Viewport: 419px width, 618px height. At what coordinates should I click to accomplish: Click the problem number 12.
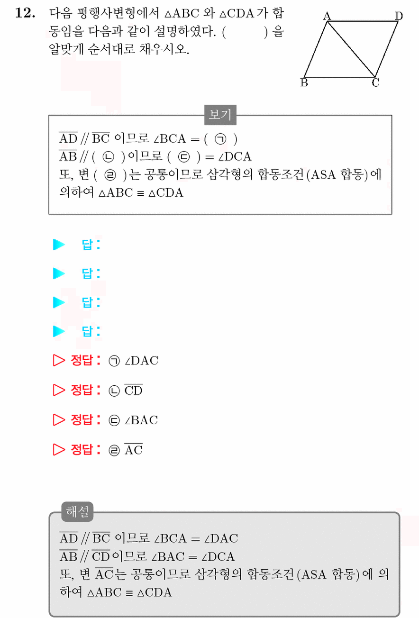[x=25, y=13]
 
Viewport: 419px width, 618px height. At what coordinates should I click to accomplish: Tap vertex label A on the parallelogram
[x=327, y=16]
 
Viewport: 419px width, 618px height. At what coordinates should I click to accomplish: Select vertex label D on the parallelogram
[x=399, y=16]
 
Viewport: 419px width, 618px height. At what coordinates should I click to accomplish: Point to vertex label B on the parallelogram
[x=304, y=82]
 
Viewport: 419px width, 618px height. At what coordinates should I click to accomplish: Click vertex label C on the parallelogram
[x=375, y=82]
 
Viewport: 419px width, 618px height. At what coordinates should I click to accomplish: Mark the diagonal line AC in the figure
[x=351, y=49]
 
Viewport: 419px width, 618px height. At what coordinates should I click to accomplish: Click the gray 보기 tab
[x=220, y=115]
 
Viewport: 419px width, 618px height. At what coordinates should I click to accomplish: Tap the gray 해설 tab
[x=77, y=512]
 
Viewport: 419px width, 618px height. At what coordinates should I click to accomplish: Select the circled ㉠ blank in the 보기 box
[x=220, y=139]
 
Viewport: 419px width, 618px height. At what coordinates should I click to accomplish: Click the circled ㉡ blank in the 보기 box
[x=108, y=157]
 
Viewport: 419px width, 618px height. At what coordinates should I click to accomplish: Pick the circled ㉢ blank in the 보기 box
[x=184, y=157]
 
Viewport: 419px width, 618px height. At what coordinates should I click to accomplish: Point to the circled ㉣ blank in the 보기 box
[x=110, y=175]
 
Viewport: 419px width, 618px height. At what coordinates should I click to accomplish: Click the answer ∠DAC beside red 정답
[x=142, y=361]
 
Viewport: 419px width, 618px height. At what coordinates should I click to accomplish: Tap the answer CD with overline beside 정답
[x=134, y=390]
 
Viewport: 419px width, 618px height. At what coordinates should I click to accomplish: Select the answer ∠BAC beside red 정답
[x=141, y=420]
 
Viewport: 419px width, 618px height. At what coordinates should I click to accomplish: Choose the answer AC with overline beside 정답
[x=134, y=449]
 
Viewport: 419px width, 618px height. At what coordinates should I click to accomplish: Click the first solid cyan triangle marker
[x=59, y=245]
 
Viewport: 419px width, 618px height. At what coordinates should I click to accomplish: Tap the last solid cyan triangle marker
[x=59, y=331]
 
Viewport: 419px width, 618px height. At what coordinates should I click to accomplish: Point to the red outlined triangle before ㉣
[x=59, y=449]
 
